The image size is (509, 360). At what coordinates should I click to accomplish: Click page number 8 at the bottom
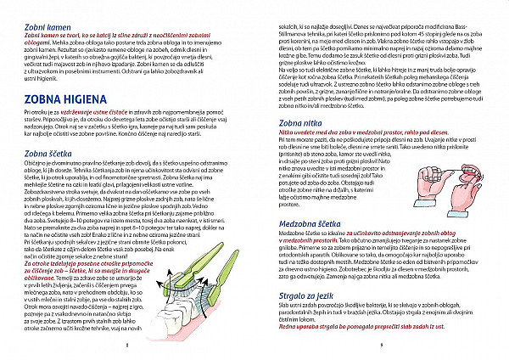[x=126, y=346]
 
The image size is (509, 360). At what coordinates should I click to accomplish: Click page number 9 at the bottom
[x=383, y=346]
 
